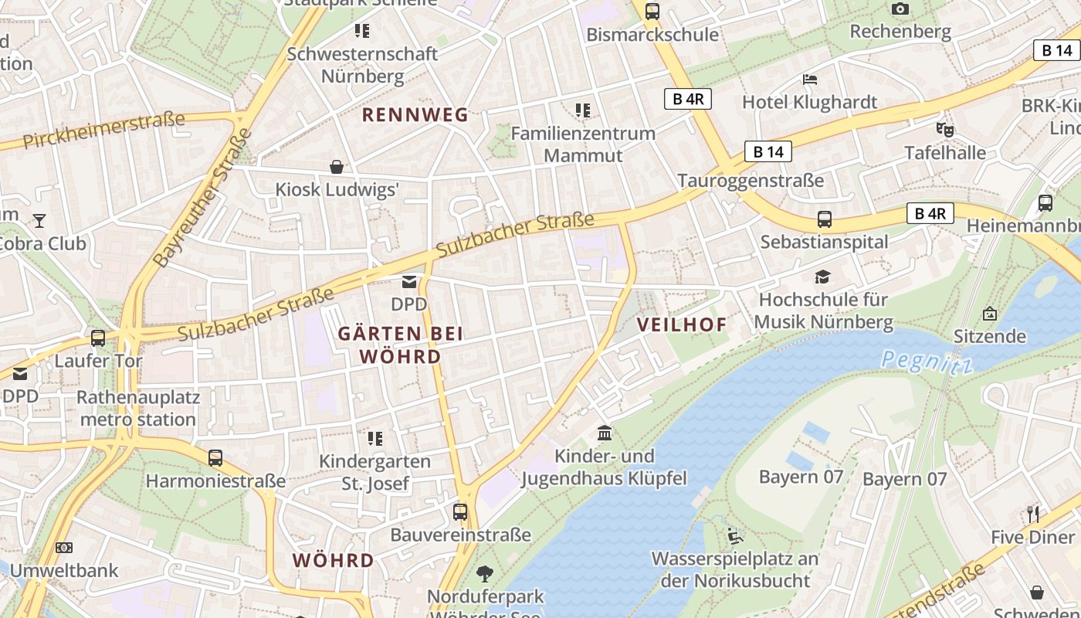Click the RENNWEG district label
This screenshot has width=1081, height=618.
[x=415, y=115]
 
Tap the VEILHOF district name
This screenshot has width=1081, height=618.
[x=682, y=324]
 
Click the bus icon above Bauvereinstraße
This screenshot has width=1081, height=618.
[x=460, y=511]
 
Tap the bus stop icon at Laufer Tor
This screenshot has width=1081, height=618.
[x=98, y=338]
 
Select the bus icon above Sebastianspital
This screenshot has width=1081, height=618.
[x=824, y=219]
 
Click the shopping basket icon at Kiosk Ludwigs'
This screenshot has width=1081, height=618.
[x=337, y=166]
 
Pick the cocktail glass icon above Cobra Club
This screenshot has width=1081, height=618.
[x=39, y=221]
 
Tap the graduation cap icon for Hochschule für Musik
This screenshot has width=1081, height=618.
[x=823, y=277]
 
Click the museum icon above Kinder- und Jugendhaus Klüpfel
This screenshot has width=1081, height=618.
[x=605, y=433]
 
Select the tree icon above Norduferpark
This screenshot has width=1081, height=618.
[x=485, y=573]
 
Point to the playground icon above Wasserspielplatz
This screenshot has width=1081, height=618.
[x=735, y=535]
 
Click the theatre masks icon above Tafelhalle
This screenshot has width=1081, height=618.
[x=944, y=130]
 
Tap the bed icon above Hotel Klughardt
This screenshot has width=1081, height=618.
[x=809, y=79]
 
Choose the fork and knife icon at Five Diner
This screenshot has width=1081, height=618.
[x=1033, y=514]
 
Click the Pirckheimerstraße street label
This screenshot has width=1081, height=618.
[x=103, y=131]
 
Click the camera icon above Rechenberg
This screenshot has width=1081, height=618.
[x=900, y=9]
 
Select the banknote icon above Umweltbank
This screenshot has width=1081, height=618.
[x=64, y=548]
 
